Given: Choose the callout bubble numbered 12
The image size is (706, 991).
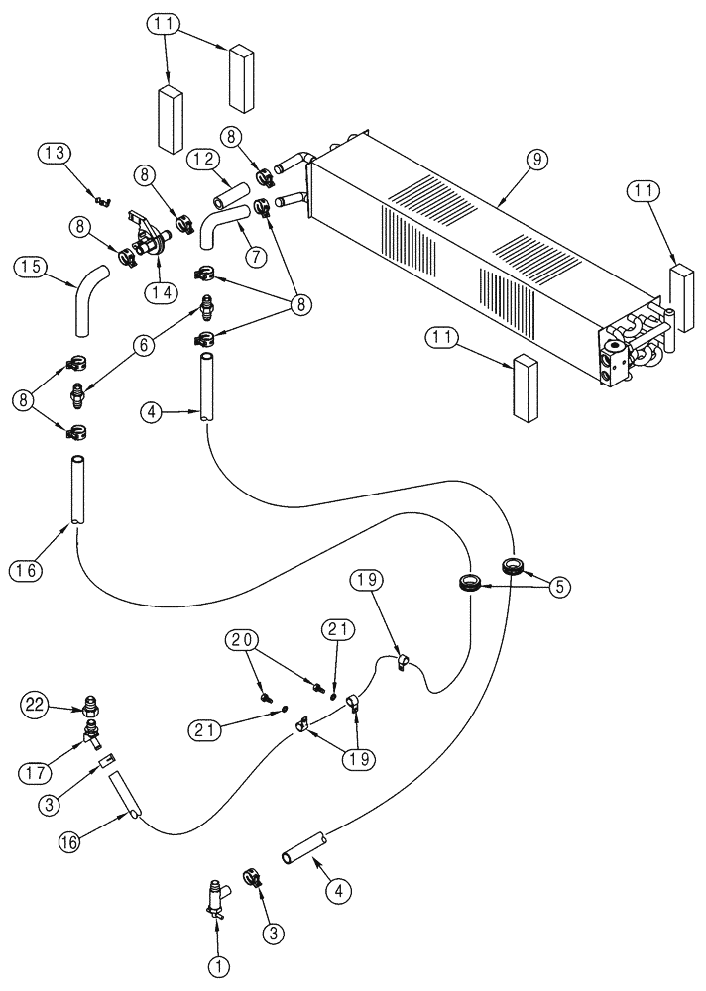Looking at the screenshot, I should pos(203,158).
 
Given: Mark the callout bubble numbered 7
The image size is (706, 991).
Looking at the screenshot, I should pos(255,256).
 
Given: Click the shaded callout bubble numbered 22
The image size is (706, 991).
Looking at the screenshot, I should pos(36,705).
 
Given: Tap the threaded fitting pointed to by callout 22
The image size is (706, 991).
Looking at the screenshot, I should pos(91,708).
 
